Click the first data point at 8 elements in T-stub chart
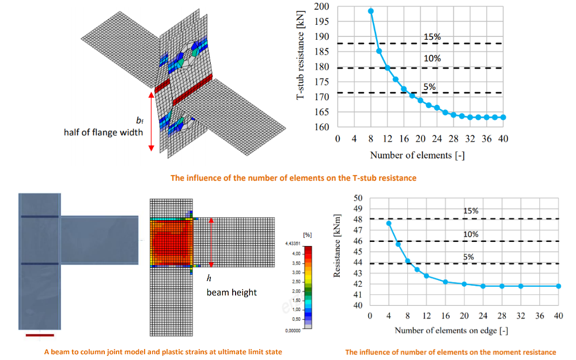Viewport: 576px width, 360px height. pyautogui.click(x=371, y=11)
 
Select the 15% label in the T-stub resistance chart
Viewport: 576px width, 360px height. pyautogui.click(x=432, y=37)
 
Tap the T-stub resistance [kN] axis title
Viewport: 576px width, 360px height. pyautogui.click(x=301, y=58)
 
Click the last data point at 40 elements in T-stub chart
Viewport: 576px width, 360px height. pyautogui.click(x=503, y=117)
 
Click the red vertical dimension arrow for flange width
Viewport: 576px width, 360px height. pyautogui.click(x=151, y=120)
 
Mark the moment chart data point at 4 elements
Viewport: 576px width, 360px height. pyautogui.click(x=389, y=223)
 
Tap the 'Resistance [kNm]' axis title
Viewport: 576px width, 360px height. pyautogui.click(x=338, y=246)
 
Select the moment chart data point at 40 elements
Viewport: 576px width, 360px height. pyautogui.click(x=558, y=286)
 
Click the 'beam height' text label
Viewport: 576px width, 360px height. pyautogui.click(x=232, y=292)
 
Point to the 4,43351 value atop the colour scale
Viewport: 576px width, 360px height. pyautogui.click(x=295, y=244)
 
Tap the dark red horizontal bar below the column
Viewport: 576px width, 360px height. pyautogui.click(x=40, y=334)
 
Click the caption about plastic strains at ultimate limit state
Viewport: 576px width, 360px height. pyautogui.click(x=163, y=351)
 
